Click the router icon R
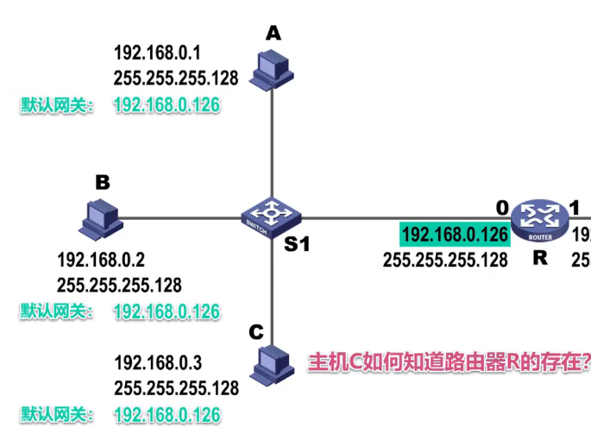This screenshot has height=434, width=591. [x=539, y=221]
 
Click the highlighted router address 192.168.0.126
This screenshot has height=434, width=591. [x=455, y=234]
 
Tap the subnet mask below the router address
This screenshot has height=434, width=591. [x=445, y=259]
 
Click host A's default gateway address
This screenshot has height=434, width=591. [x=167, y=105]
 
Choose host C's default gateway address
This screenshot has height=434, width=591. [x=167, y=414]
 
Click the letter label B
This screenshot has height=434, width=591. [x=102, y=182]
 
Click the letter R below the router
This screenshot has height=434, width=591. [x=541, y=256]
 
